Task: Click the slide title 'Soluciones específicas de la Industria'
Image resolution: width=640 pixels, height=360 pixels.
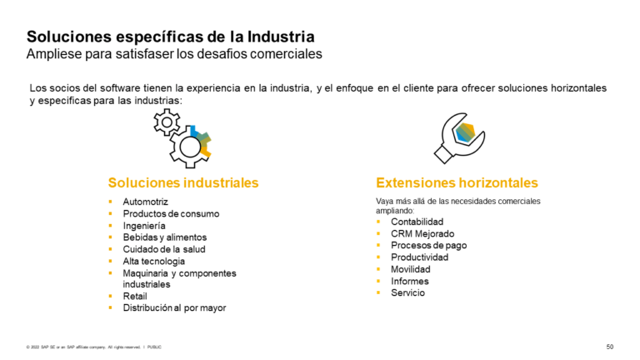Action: click(x=171, y=37)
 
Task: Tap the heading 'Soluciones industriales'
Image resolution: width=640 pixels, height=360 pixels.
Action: click(x=183, y=182)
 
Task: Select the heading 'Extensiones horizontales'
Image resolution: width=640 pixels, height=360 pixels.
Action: click(x=457, y=182)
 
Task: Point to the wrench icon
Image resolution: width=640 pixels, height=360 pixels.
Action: click(x=457, y=137)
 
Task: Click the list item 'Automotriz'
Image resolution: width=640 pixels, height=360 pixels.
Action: click(x=145, y=202)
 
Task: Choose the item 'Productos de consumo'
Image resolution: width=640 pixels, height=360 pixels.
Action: click(x=171, y=214)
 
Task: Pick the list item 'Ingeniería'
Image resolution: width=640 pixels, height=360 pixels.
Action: click(x=144, y=226)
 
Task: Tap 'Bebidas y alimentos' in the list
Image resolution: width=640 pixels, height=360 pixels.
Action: click(x=164, y=237)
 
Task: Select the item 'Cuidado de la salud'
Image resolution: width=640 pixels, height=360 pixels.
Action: click(x=163, y=249)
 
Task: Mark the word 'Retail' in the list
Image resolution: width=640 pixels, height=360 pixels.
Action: click(x=135, y=296)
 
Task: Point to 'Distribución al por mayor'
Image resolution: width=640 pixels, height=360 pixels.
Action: click(x=174, y=307)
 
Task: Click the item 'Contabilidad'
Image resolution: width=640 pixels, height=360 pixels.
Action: click(x=417, y=222)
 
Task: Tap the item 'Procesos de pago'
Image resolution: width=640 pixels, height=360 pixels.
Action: click(x=428, y=246)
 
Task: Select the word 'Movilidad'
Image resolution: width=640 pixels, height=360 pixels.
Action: click(x=411, y=269)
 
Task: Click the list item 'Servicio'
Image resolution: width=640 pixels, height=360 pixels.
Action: click(x=407, y=292)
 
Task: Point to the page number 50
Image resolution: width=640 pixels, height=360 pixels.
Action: click(x=609, y=346)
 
